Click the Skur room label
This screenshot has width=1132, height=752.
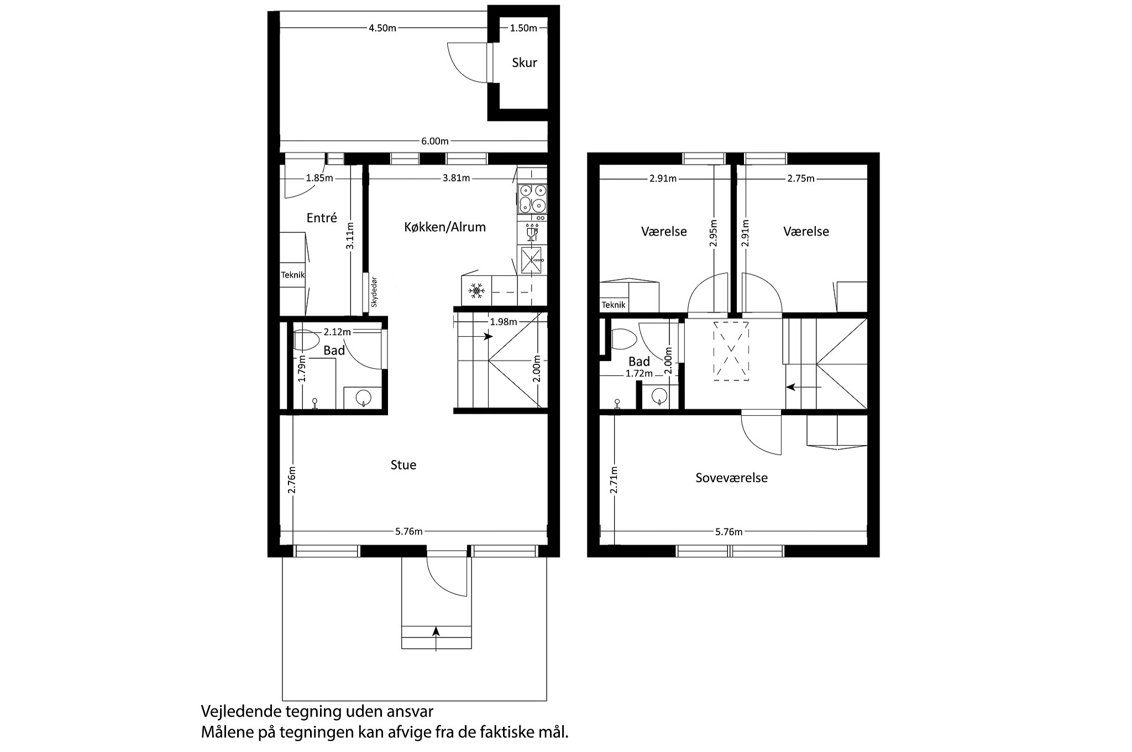tap(524, 62)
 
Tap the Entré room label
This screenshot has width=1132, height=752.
tap(322, 218)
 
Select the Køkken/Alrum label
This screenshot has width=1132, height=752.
tap(445, 227)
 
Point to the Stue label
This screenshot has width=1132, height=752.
tap(403, 465)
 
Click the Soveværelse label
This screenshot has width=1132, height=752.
tap(731, 478)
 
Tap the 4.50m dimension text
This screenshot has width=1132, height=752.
tap(382, 28)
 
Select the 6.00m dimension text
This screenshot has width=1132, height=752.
tap(435, 141)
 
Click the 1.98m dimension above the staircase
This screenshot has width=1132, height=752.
tap(503, 322)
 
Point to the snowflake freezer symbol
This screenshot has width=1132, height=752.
tap(476, 290)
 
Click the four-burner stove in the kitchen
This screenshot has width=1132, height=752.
tap(532, 199)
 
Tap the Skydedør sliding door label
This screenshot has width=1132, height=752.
tap(374, 292)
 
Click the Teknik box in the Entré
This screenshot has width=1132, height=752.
tap(292, 275)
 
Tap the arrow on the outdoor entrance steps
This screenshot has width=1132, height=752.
tap(436, 639)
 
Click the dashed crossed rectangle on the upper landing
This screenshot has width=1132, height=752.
tap(731, 351)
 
